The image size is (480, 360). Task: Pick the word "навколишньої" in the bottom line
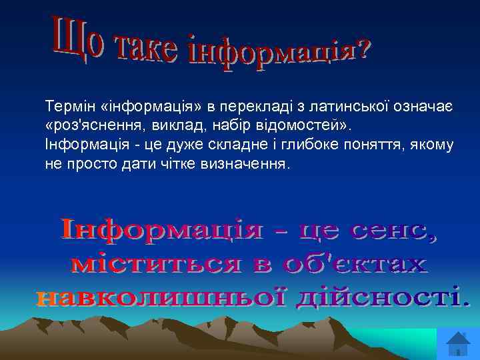pos(159,297)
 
